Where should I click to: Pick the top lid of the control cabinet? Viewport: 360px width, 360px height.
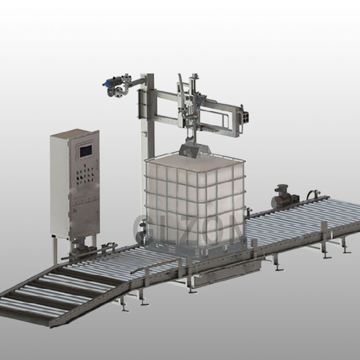[x=74, y=133]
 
